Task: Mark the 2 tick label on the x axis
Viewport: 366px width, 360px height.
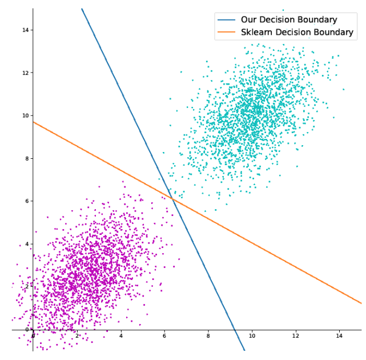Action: pyautogui.click(x=77, y=335)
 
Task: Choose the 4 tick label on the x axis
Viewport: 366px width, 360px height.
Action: pyautogui.click(x=121, y=335)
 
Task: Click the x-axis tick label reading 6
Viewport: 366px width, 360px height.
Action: pyautogui.click(x=164, y=335)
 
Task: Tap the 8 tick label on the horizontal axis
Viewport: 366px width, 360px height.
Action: pyautogui.click(x=208, y=335)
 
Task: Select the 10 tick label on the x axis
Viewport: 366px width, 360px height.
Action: pyautogui.click(x=252, y=335)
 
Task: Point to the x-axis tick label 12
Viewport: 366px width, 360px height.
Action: pyautogui.click(x=296, y=335)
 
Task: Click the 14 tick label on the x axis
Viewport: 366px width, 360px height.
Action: pyautogui.click(x=339, y=335)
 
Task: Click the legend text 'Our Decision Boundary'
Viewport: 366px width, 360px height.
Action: pyautogui.click(x=289, y=20)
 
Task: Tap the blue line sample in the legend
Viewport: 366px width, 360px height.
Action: pyautogui.click(x=226, y=20)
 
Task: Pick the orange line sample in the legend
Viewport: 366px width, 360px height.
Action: pyautogui.click(x=226, y=32)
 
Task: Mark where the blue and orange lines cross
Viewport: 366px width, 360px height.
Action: pyautogui.click(x=172, y=198)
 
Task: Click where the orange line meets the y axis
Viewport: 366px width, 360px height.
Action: pyautogui.click(x=33, y=122)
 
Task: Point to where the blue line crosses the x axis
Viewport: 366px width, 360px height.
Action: pyautogui.click(x=236, y=330)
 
